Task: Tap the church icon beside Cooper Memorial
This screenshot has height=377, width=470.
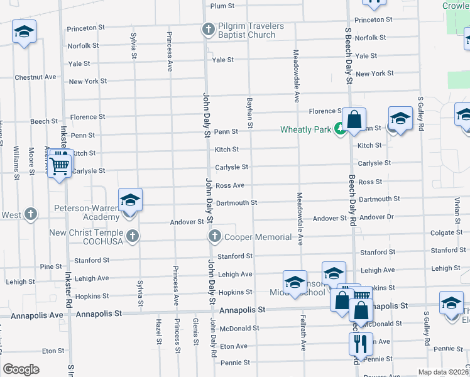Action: pos(215,236)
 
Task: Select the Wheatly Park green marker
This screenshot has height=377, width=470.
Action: pos(340,128)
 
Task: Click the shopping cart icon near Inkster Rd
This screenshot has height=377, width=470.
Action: pos(60,166)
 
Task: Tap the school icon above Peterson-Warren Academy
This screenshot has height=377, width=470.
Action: pos(130,200)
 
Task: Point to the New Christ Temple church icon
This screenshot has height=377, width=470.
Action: pos(132,236)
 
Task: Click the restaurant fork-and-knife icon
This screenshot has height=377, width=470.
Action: pos(361,343)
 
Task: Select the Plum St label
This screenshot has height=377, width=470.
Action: pos(222,6)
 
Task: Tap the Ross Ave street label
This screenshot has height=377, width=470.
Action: pos(229,185)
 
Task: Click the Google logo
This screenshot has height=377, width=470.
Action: pos(21,369)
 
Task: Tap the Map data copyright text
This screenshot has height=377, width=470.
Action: pos(444,372)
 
